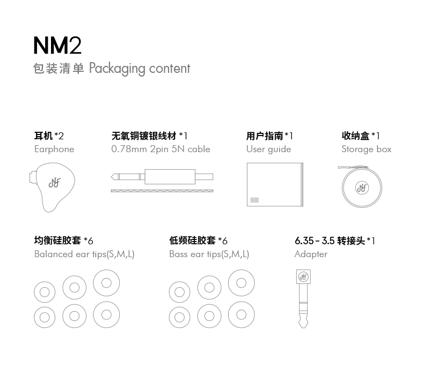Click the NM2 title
coord(57,46)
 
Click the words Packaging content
coord(140,69)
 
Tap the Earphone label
coord(54,149)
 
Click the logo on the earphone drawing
coord(55,183)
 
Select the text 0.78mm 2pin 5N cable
coord(160,149)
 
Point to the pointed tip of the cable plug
coord(112,177)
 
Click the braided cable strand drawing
coord(162,191)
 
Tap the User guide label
coord(268,149)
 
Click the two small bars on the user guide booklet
coord(254,200)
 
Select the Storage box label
coord(367,149)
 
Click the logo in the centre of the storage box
coord(362,187)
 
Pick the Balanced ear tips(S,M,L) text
coord(84,254)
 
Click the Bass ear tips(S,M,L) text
coord(209,254)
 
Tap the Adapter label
coord(311,254)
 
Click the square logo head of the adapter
coord(303,277)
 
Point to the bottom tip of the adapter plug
coord(303,328)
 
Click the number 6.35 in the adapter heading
coord(304,241)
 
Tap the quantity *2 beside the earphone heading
coord(59,136)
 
